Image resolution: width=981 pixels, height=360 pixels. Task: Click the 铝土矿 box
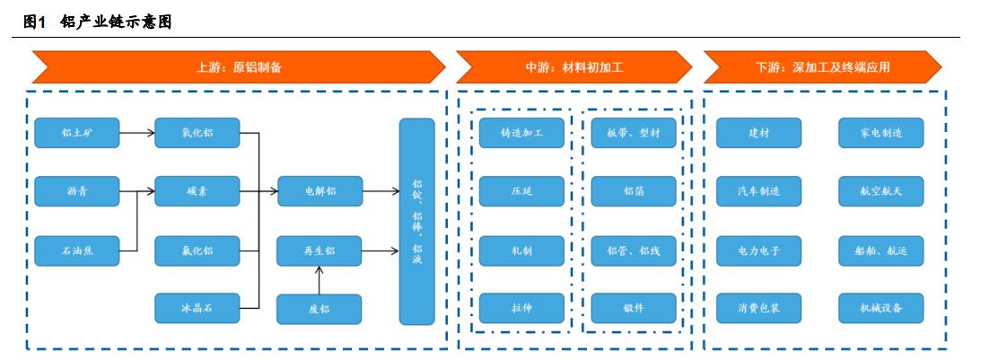(76, 134)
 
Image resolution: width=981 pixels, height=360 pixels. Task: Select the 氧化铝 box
(197, 134)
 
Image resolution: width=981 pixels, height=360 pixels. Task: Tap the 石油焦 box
(76, 250)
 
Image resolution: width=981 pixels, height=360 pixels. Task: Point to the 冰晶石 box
(197, 309)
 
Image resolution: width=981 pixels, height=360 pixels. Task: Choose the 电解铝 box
(319, 191)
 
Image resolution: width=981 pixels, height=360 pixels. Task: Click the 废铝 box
(319, 309)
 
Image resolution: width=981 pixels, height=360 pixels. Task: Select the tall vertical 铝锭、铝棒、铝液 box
(416, 221)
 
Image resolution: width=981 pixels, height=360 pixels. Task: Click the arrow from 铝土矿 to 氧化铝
(136, 134)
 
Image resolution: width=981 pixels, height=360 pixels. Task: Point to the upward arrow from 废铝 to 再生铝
(319, 279)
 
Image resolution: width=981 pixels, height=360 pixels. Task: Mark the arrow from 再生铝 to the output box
(381, 250)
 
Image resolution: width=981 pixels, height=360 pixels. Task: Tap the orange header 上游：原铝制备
(239, 66)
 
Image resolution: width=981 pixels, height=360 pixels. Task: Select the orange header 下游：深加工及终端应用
(822, 66)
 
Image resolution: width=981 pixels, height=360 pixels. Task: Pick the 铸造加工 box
(521, 134)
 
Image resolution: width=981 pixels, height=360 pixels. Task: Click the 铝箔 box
(634, 191)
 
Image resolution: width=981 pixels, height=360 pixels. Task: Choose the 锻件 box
(634, 309)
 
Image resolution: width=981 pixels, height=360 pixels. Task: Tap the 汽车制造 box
(758, 191)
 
